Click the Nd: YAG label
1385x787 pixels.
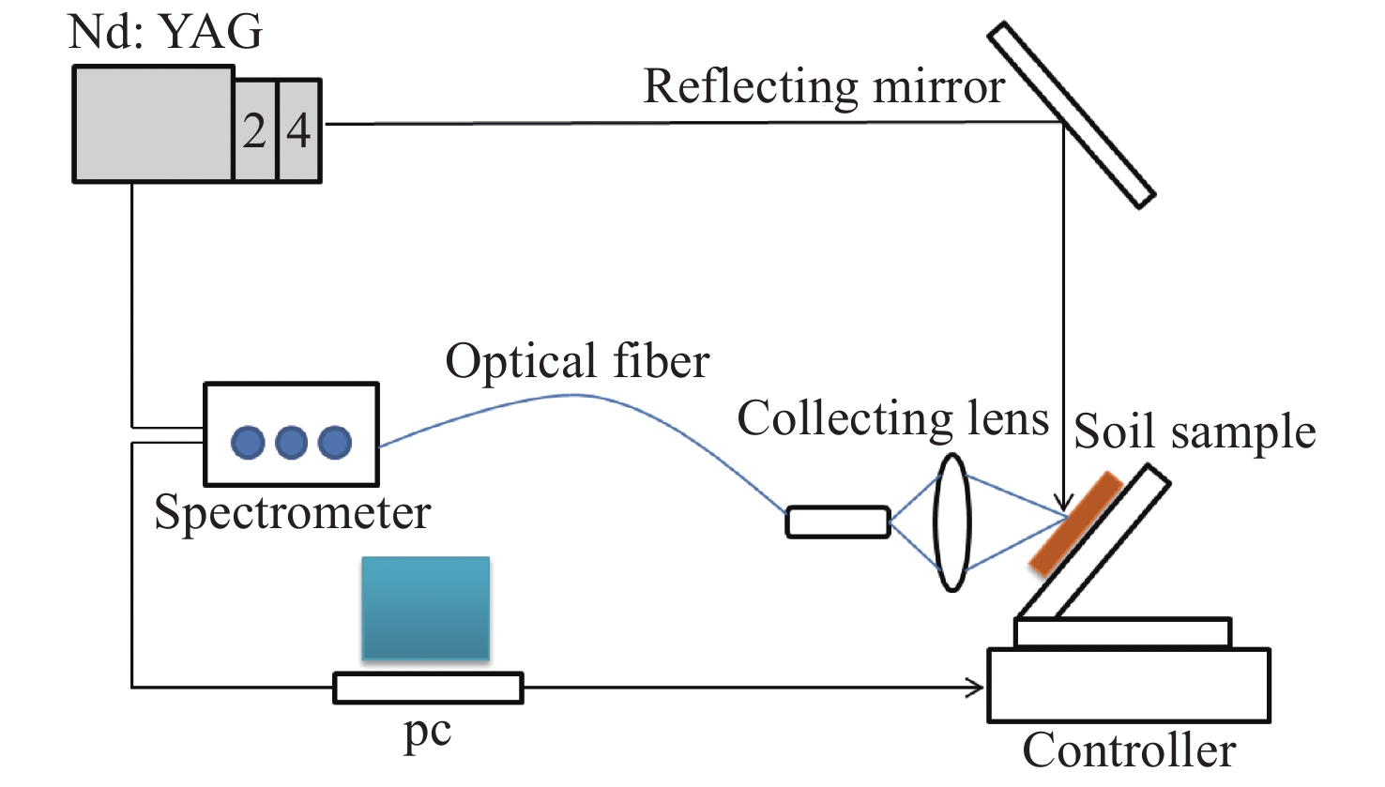166,32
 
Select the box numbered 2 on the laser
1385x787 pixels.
254,130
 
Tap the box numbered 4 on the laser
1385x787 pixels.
298,130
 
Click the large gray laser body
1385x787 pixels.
153,123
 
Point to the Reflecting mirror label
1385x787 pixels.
823,87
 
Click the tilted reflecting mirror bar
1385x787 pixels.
1071,114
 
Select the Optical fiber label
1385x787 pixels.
577,361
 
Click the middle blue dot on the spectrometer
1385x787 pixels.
291,442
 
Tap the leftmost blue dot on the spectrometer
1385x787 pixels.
248,442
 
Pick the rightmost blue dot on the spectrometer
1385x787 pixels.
335,442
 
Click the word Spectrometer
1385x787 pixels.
292,513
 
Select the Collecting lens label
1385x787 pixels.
892,418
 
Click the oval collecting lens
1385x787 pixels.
951,522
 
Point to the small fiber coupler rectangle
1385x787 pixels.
837,522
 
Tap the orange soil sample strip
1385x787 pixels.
1075,522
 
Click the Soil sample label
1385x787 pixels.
1195,432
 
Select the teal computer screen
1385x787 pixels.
426,608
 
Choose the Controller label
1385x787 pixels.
1129,750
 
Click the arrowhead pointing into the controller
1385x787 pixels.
977,688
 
